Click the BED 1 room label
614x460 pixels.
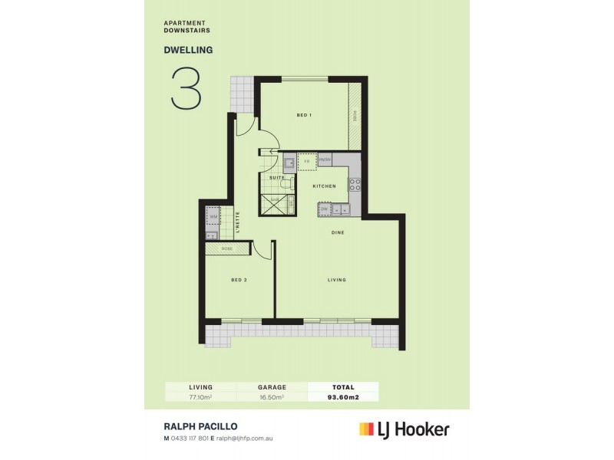pyautogui.click(x=304, y=115)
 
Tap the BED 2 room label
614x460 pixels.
pyautogui.click(x=239, y=280)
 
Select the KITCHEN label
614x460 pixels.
pyautogui.click(x=324, y=186)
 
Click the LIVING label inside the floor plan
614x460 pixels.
pyautogui.click(x=337, y=280)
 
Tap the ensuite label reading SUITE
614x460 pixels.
pyautogui.click(x=276, y=177)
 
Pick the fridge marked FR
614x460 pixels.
pyautogui.click(x=306, y=162)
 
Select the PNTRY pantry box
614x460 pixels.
pyautogui.click(x=325, y=160)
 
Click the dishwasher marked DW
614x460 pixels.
pyautogui.click(x=325, y=209)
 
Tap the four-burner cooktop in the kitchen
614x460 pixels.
pyautogui.click(x=355, y=185)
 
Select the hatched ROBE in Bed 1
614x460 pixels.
pyautogui.click(x=355, y=115)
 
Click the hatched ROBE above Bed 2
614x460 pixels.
pyautogui.click(x=227, y=249)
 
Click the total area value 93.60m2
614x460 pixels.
pyautogui.click(x=343, y=397)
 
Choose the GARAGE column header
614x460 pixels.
pyautogui.click(x=272, y=387)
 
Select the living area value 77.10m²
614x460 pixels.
pyautogui.click(x=201, y=397)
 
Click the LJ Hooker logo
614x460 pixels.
pyautogui.click(x=404, y=429)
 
